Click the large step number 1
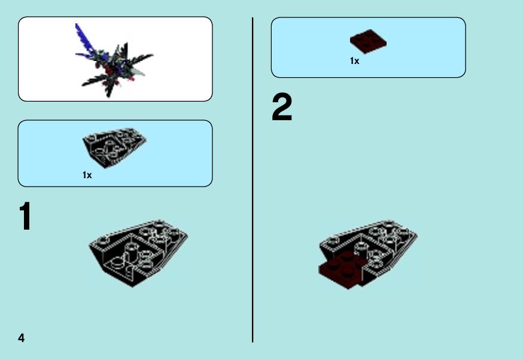click(x=25, y=216)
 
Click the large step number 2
click(x=282, y=107)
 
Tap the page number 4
click(x=22, y=338)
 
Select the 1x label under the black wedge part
click(x=87, y=175)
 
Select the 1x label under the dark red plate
click(x=355, y=61)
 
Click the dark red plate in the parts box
click(x=368, y=41)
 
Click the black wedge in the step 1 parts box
click(x=114, y=147)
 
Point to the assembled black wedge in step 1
click(x=138, y=253)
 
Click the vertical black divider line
click(x=253, y=180)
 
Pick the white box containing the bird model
click(x=115, y=59)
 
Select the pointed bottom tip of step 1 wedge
click(x=132, y=286)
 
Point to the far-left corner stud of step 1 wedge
click(x=102, y=240)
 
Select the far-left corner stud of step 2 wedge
click(x=333, y=240)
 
